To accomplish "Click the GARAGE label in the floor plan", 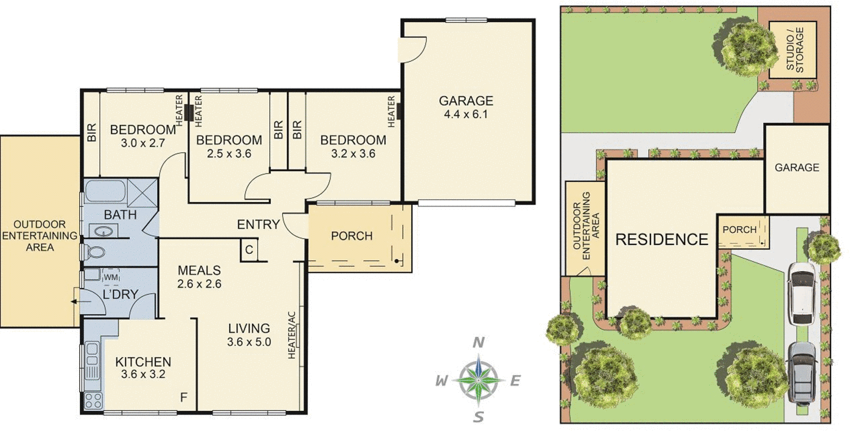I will [466, 100].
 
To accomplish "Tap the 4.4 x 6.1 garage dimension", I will [466, 114].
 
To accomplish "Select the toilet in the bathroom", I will [95, 252].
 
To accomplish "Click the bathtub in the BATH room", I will [105, 192].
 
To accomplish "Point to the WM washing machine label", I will [110, 277].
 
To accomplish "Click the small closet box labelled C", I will [249, 249].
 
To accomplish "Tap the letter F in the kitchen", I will [183, 397].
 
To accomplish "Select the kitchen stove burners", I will [93, 400].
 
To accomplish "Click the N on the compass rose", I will [479, 342].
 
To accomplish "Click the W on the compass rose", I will [441, 381].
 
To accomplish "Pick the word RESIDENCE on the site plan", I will [661, 239].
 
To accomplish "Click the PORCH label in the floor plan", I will [352, 236].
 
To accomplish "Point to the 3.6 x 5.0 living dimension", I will [249, 342].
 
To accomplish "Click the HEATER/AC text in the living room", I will [292, 335].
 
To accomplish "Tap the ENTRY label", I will [258, 225].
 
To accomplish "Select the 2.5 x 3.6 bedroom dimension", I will [229, 154].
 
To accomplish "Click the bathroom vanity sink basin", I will [104, 231].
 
